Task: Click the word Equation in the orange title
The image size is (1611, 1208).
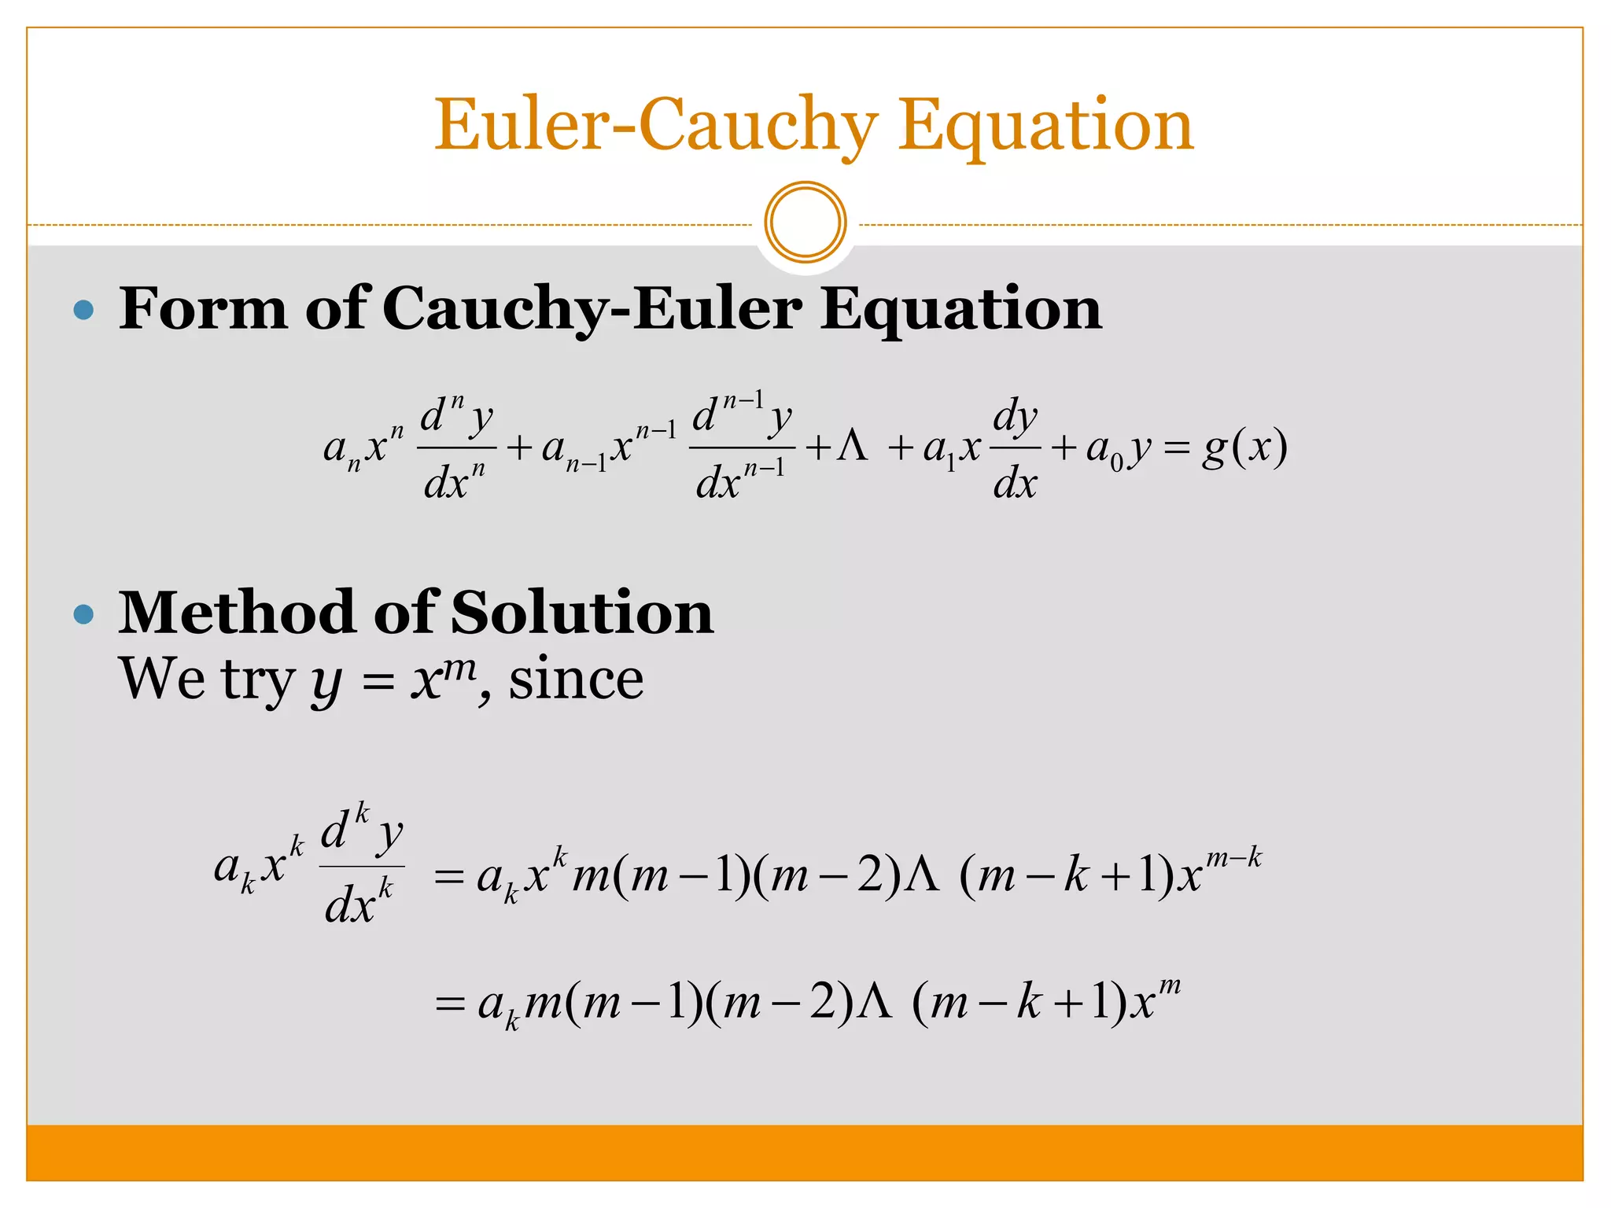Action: pos(1045,126)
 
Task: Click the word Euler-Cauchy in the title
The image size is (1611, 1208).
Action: pos(656,126)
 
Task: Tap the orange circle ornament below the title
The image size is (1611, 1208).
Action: pos(805,223)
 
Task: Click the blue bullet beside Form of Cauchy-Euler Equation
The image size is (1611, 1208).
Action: pos(83,309)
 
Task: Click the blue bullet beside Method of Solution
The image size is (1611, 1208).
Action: pos(83,613)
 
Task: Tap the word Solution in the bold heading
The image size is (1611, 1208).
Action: pos(582,613)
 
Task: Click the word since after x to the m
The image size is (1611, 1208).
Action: pos(576,679)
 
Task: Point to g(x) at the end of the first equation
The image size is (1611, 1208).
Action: pos(1244,448)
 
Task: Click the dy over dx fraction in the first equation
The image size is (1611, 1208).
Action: pos(1015,448)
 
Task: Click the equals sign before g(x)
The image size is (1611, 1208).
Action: pos(1177,448)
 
